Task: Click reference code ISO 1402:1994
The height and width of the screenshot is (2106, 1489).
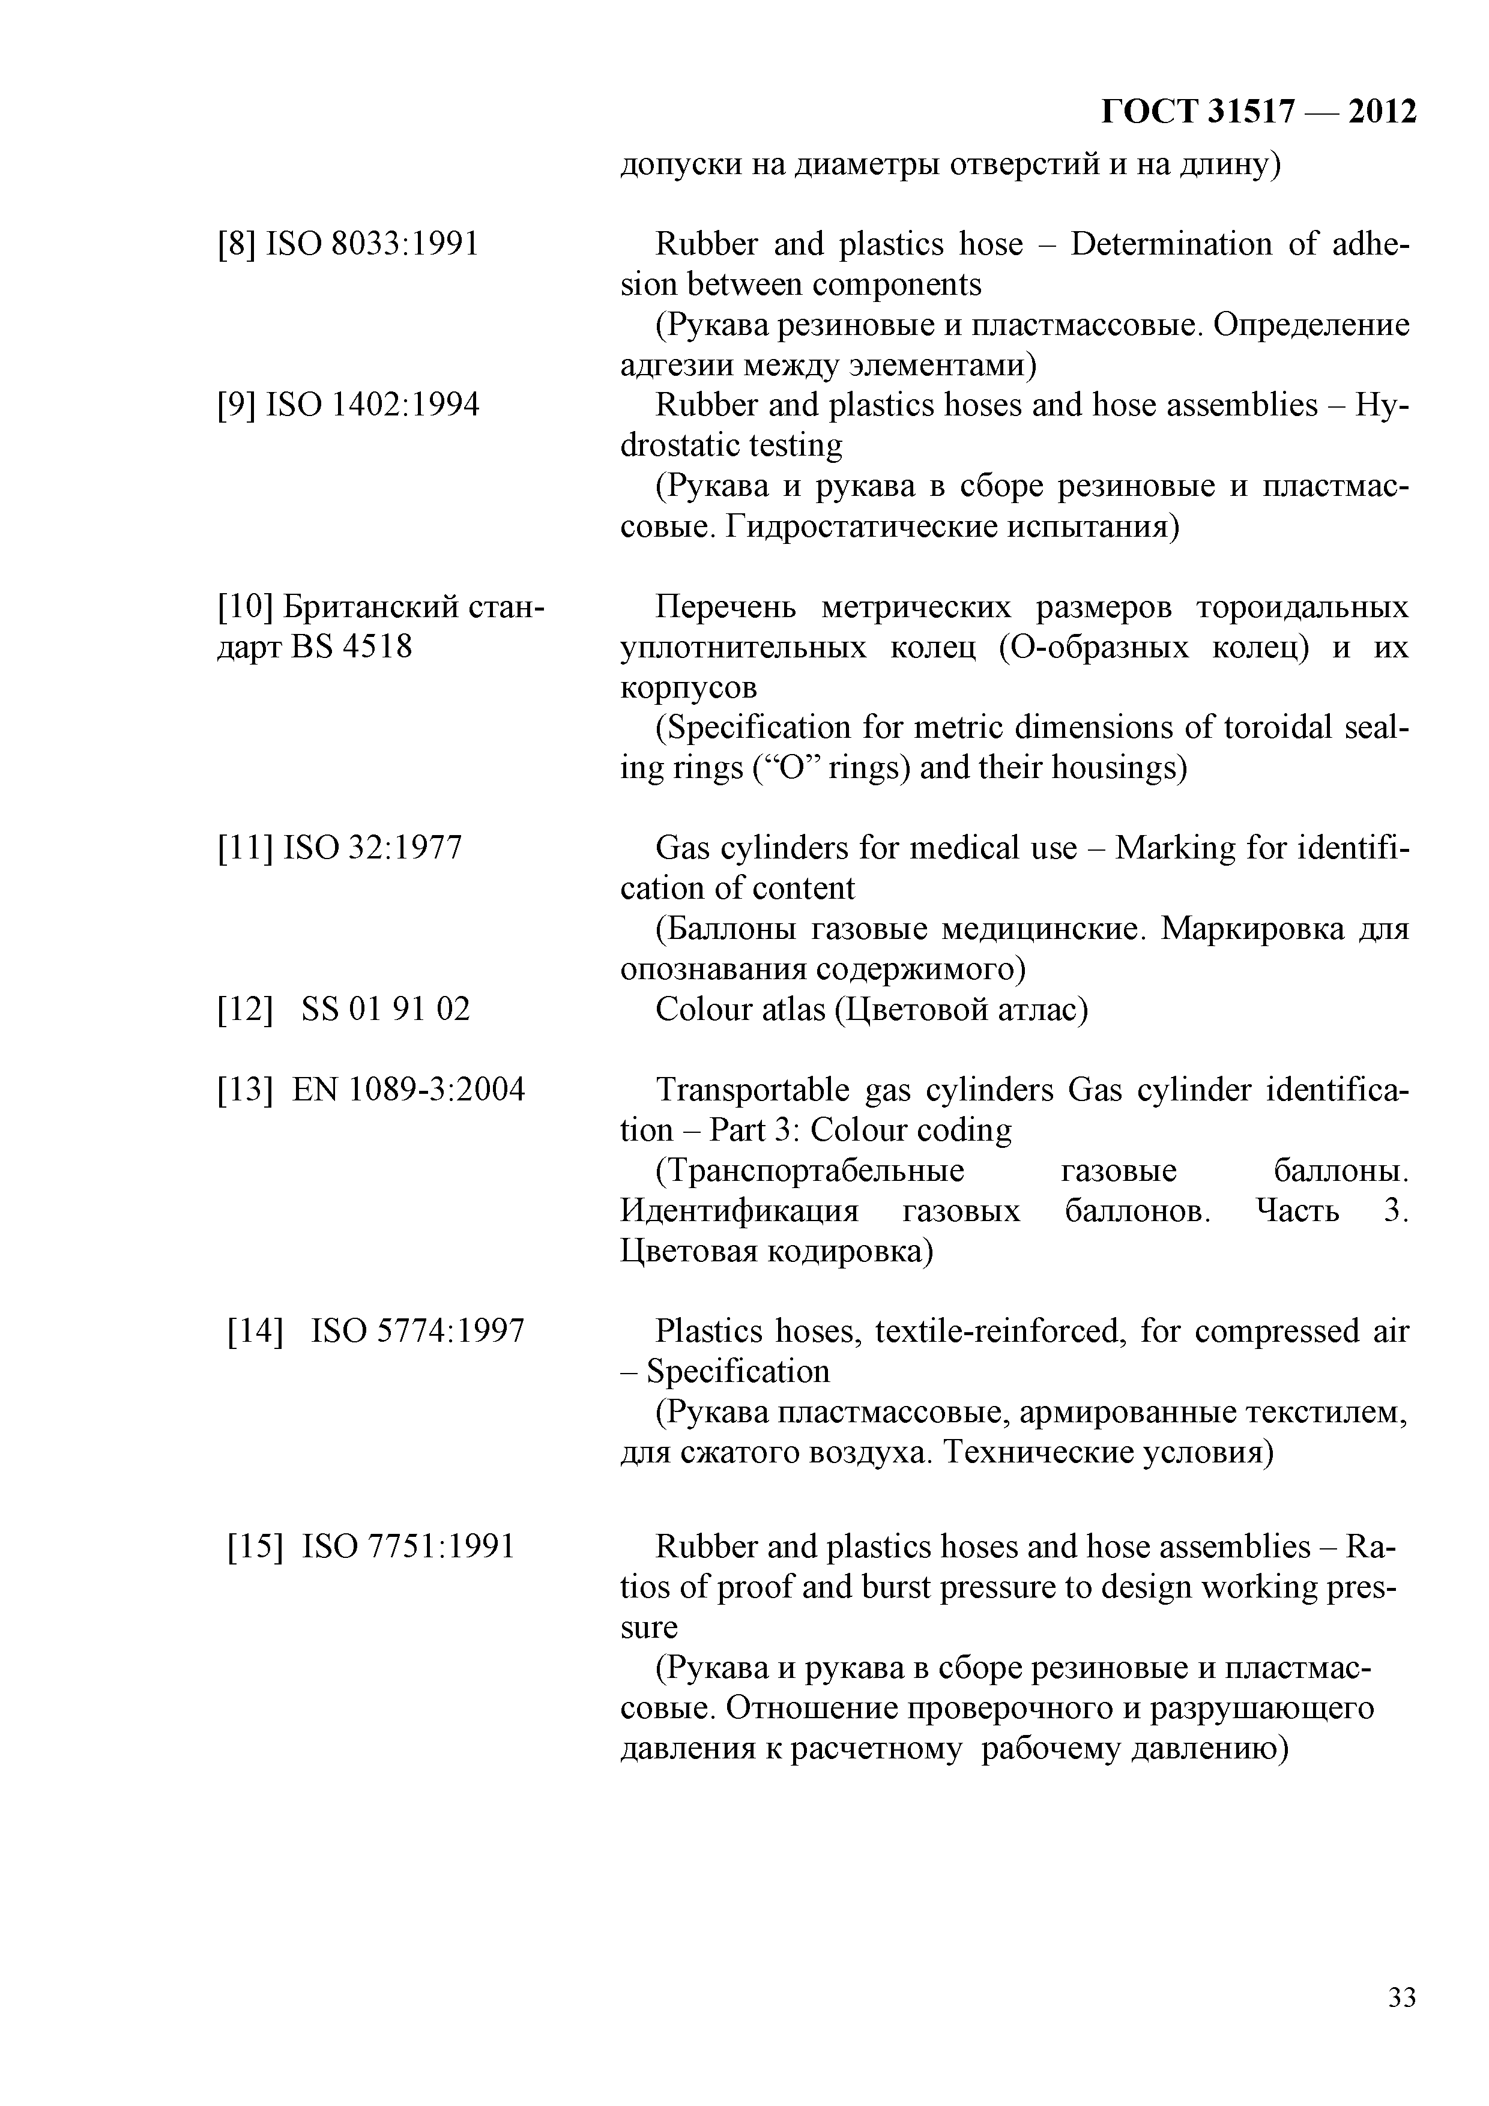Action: tap(372, 405)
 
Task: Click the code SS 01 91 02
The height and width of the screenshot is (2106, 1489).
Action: tap(385, 1009)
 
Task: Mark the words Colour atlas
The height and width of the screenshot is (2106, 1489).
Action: tap(740, 1009)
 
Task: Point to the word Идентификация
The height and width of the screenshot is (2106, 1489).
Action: tap(740, 1211)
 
